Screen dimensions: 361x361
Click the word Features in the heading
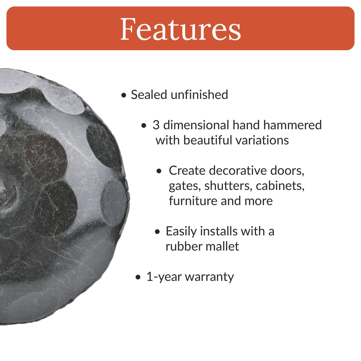click(180, 29)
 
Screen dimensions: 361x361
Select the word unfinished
click(199, 95)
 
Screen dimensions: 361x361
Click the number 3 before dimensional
click(156, 125)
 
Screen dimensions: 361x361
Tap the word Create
click(187, 171)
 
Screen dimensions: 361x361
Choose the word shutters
click(228, 186)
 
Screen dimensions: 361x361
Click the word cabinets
click(280, 186)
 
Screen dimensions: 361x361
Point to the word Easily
click(181, 231)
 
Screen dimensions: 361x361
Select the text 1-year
click(164, 277)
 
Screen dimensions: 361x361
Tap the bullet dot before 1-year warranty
click(138, 277)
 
